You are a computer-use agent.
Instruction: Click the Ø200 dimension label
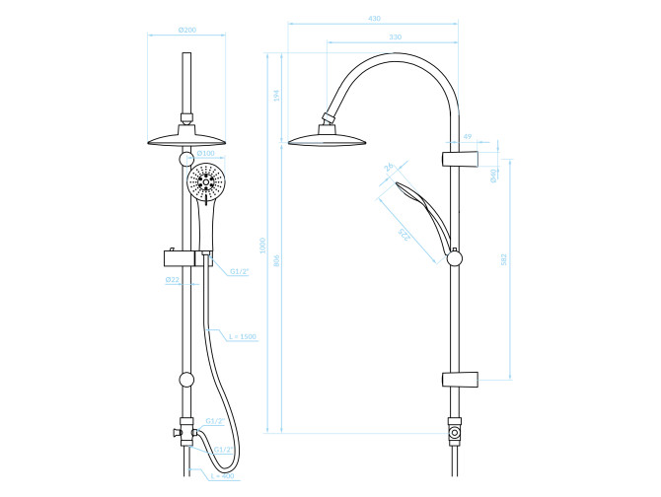[187, 30]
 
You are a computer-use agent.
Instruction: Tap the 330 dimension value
[395, 37]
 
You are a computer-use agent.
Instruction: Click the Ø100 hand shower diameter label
[205, 153]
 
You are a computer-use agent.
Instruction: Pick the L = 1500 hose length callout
[242, 337]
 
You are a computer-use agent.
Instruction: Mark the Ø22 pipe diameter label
[172, 280]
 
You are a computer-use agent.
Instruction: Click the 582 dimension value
[504, 260]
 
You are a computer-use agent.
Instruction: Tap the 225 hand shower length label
[404, 235]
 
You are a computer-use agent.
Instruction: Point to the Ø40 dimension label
[493, 175]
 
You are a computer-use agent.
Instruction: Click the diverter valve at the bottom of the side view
[454, 431]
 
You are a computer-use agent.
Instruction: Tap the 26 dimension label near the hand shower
[389, 168]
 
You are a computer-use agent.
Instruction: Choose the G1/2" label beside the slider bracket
[239, 271]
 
